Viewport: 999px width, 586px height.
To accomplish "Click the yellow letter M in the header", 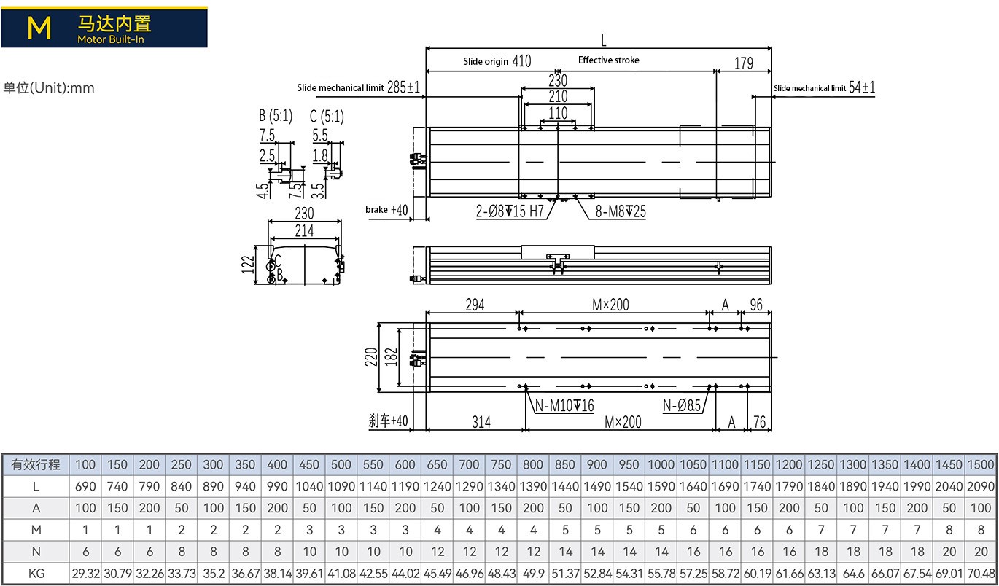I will click(39, 28).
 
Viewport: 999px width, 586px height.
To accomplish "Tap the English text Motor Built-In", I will click(111, 39).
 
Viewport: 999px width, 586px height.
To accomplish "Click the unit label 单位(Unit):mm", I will click(49, 88).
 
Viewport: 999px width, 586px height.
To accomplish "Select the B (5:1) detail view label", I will click(275, 116).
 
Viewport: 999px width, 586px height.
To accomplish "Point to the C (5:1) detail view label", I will click(326, 116).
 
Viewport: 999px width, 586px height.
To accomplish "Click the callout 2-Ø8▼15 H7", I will click(510, 211).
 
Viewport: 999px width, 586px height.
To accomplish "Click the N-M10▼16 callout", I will click(564, 406).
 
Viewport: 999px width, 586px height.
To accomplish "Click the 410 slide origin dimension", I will click(521, 61).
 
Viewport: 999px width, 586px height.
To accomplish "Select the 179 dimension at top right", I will click(743, 63).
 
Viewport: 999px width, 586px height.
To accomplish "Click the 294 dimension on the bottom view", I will click(473, 305).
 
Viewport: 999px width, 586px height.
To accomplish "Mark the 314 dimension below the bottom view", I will click(481, 421).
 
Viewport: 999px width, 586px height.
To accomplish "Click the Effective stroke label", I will click(608, 60).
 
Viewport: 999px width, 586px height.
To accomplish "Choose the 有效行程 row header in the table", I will click(36, 464).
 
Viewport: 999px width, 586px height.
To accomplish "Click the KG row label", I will click(36, 573).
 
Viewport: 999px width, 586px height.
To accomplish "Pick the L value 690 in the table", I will click(85, 486).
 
